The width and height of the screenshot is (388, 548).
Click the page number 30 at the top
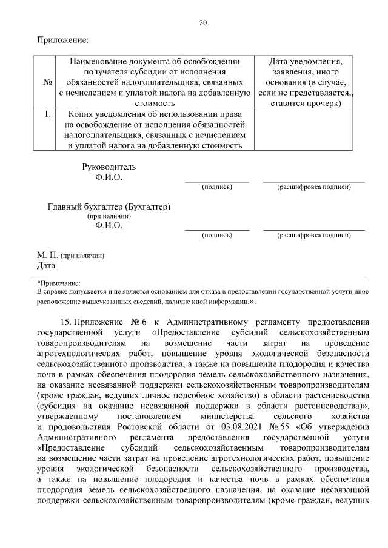coord(203,23)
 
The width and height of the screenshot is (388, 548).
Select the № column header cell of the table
coord(47,83)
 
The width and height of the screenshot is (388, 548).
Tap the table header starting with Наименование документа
coord(155,83)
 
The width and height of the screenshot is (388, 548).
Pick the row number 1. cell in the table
coord(47,113)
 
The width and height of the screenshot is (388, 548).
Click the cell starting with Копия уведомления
coord(155,129)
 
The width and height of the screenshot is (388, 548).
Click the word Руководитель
coord(109,167)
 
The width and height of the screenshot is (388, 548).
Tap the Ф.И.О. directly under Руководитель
coord(109,177)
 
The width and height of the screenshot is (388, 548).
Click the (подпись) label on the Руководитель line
coord(216,187)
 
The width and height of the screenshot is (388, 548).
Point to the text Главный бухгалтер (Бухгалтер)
coord(109,206)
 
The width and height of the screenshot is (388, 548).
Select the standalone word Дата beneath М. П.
coord(46,265)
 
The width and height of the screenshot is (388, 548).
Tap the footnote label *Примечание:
coord(59,283)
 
